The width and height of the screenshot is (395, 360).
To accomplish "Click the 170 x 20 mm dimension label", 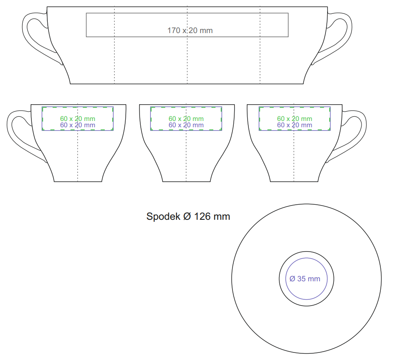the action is (190, 31).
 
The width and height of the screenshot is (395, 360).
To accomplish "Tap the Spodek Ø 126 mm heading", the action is (188, 216).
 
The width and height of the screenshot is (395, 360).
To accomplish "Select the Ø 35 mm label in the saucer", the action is (305, 279).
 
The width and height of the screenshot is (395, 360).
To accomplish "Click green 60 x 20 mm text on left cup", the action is (77, 118).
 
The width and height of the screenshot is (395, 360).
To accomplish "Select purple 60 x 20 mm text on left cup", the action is (77, 125).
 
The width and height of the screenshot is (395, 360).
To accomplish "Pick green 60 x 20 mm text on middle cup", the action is (186, 118).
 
